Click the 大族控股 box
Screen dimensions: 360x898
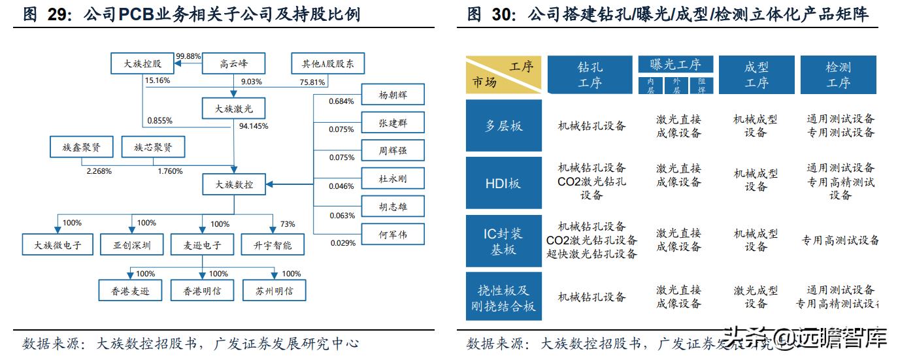point(143,64)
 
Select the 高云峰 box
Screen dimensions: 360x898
point(233,64)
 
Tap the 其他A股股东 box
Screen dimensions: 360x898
point(327,64)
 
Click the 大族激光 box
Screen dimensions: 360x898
point(234,108)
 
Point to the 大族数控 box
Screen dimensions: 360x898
point(234,185)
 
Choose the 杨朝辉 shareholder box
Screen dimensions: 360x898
point(393,94)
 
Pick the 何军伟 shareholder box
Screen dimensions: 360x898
point(393,234)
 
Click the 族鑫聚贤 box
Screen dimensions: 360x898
point(81,147)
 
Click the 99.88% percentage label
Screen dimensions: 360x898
point(188,56)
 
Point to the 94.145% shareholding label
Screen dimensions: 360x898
point(254,126)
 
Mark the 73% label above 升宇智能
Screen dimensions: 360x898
point(288,223)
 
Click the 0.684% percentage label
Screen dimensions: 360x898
point(341,101)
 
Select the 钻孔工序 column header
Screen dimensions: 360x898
point(590,75)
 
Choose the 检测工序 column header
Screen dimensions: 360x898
point(838,75)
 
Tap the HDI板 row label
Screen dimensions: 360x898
point(503,184)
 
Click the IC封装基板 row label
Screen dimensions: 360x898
point(503,240)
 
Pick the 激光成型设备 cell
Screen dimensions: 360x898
point(756,297)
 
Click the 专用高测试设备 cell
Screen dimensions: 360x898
point(840,240)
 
